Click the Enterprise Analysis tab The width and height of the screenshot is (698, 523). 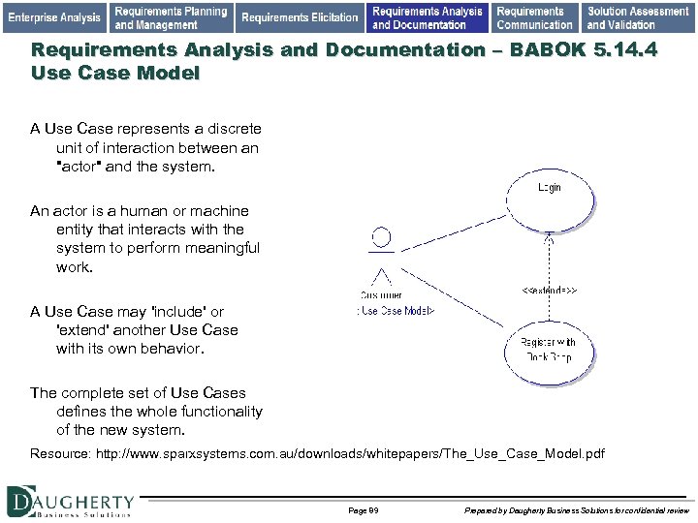[54, 17]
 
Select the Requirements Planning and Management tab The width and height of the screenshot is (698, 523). [171, 17]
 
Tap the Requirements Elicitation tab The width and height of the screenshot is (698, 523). [300, 17]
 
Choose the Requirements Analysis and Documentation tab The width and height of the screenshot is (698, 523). [427, 17]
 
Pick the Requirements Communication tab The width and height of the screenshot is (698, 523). [534, 17]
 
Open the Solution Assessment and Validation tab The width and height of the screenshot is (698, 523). [638, 17]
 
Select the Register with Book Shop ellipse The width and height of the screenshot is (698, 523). [548, 349]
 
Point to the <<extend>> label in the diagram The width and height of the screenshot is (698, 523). [550, 290]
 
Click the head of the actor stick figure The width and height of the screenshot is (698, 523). [382, 236]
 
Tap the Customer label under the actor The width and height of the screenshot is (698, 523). [381, 294]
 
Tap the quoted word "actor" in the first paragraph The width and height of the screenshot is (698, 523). [84, 166]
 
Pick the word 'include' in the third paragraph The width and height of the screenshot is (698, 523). [174, 312]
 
